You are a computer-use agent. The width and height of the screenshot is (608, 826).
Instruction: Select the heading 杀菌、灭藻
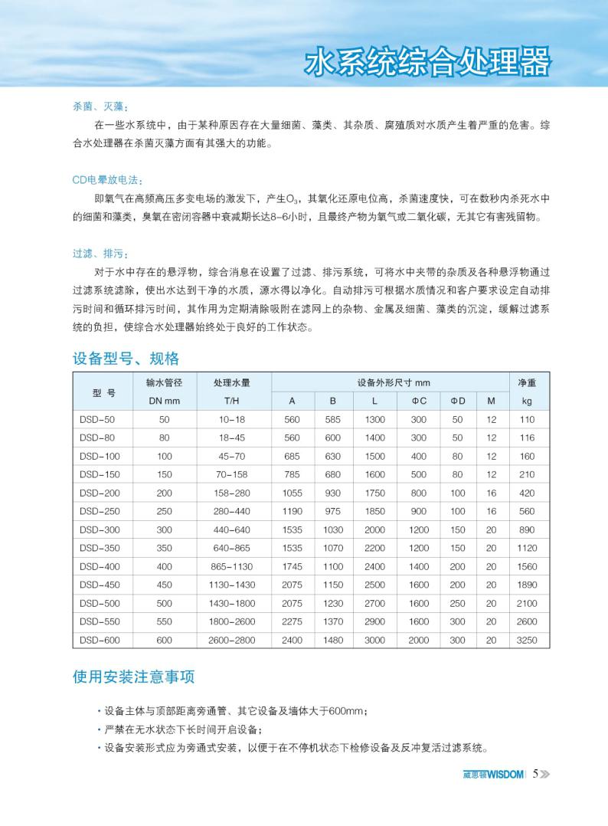pos(95,107)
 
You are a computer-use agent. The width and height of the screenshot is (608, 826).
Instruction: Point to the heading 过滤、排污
pos(95,253)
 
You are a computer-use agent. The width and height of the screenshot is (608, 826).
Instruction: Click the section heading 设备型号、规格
pos(126,358)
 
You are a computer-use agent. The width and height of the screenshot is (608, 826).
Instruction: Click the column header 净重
pos(527,382)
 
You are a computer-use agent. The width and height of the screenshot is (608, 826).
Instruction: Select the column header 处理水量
pos(232,382)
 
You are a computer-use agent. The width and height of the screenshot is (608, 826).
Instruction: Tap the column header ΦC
pos(418,401)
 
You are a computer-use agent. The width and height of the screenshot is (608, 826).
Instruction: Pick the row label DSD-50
pos(96,420)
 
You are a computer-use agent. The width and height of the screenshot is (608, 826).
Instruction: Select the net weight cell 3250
pos(527,640)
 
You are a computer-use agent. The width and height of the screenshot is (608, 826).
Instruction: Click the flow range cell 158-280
pos(232,493)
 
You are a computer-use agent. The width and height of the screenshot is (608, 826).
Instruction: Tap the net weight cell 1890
pos(527,585)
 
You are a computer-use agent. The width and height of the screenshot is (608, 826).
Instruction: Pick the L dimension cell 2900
pos(375,621)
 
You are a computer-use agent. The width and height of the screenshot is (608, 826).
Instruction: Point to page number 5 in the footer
pos(536,773)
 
